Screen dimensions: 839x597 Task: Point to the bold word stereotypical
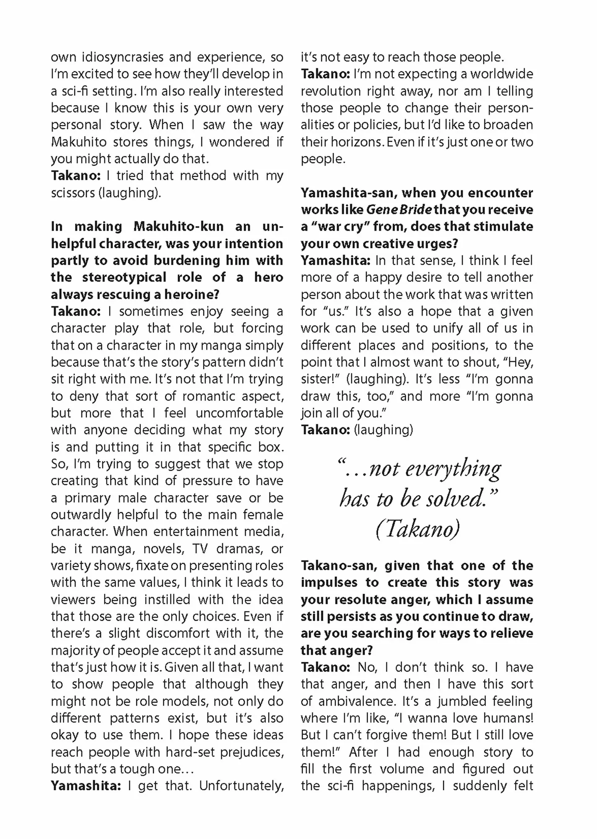pyautogui.click(x=124, y=278)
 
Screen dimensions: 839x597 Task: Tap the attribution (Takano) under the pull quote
pyautogui.click(x=418, y=530)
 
